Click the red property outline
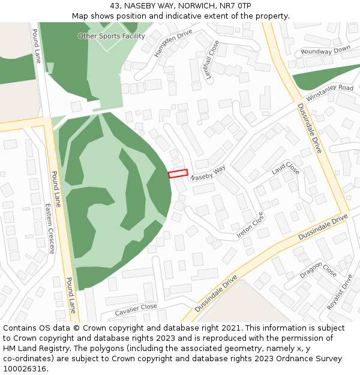pos(178,173)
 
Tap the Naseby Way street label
pos(208,174)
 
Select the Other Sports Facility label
pos(112,36)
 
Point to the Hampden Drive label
pos(173,43)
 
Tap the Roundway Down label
pos(325,50)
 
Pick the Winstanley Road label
pos(329,92)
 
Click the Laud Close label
pos(285,168)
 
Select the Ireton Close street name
pos(250,225)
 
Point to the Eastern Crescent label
pos(50,228)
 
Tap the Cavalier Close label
pos(136,307)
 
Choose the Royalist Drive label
pos(340,292)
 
